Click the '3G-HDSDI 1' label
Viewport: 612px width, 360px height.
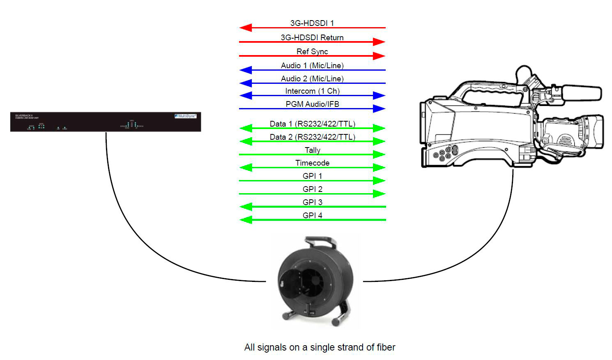(x=312, y=23)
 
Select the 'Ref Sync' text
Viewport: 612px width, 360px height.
(x=312, y=51)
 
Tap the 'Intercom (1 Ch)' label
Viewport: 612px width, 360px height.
(x=312, y=91)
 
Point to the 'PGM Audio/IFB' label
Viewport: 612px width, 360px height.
(x=312, y=104)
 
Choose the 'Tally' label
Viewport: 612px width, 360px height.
(x=312, y=150)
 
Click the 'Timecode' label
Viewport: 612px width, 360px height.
(x=312, y=163)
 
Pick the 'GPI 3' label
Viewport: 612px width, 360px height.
(x=312, y=202)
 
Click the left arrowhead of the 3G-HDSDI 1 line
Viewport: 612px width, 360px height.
(x=245, y=28)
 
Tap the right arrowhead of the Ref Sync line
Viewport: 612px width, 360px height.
(x=379, y=56)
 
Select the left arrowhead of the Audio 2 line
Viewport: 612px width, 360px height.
(x=245, y=83)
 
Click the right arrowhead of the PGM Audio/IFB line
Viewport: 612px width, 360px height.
(x=379, y=109)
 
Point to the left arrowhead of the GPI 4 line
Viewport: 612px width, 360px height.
(x=245, y=220)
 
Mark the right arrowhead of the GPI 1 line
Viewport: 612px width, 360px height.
(x=379, y=180)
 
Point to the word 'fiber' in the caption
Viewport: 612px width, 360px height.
(x=386, y=347)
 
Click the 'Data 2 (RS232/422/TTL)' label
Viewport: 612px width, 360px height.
(x=312, y=137)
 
